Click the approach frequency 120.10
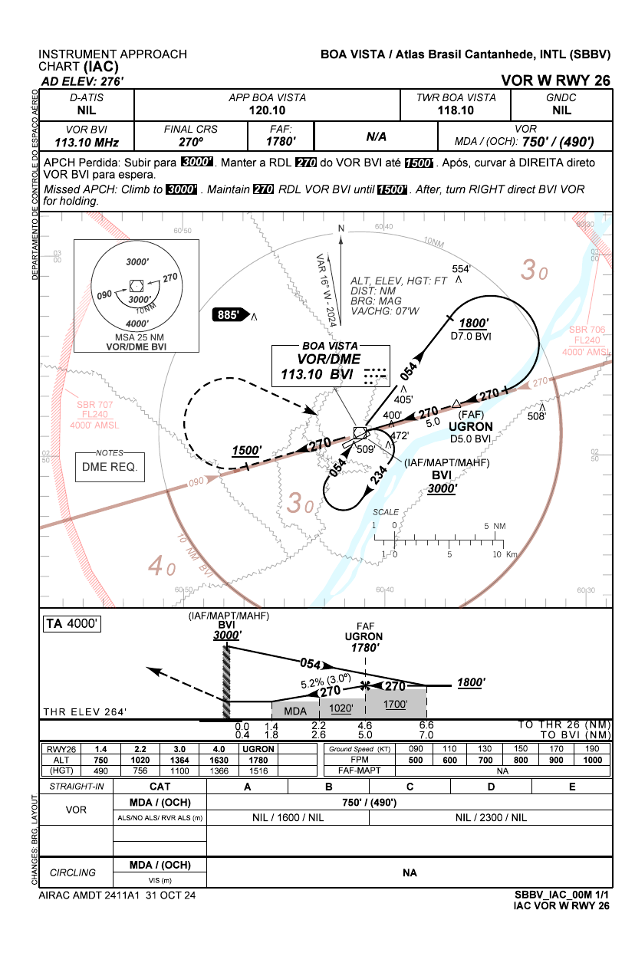[x=267, y=110]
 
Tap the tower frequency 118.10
[x=456, y=110]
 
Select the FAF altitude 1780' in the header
[x=281, y=142]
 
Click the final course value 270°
[x=190, y=142]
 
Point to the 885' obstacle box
[x=232, y=314]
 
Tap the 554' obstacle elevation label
[x=460, y=269]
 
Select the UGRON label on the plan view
[x=470, y=426]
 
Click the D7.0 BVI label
[x=470, y=336]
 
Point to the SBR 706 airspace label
[x=588, y=330]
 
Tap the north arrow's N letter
[x=341, y=228]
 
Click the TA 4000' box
[x=72, y=624]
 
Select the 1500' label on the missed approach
[x=246, y=450]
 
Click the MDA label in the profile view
[x=295, y=711]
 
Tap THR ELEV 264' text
[x=85, y=712]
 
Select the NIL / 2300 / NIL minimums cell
[x=490, y=817]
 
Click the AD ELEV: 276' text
[x=83, y=80]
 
